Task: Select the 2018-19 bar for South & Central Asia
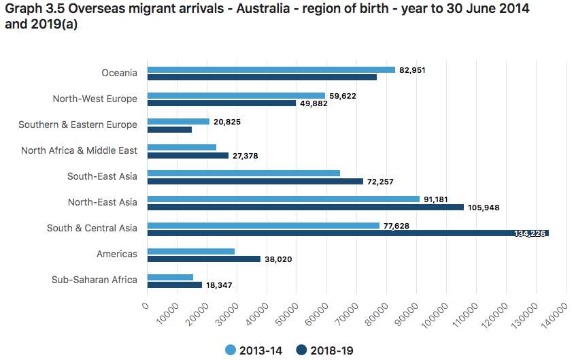(348, 233)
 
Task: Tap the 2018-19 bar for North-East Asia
(305, 208)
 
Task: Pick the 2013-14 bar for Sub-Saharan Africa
(170, 277)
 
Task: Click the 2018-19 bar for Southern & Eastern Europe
(169, 129)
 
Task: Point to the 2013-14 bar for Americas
(190, 251)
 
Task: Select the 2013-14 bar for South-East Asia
(243, 174)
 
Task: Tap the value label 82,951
(413, 70)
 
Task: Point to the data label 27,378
(246, 156)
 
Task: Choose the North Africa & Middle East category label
(79, 150)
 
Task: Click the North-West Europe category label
(95, 99)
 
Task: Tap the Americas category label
(116, 254)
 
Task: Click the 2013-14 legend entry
(254, 350)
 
